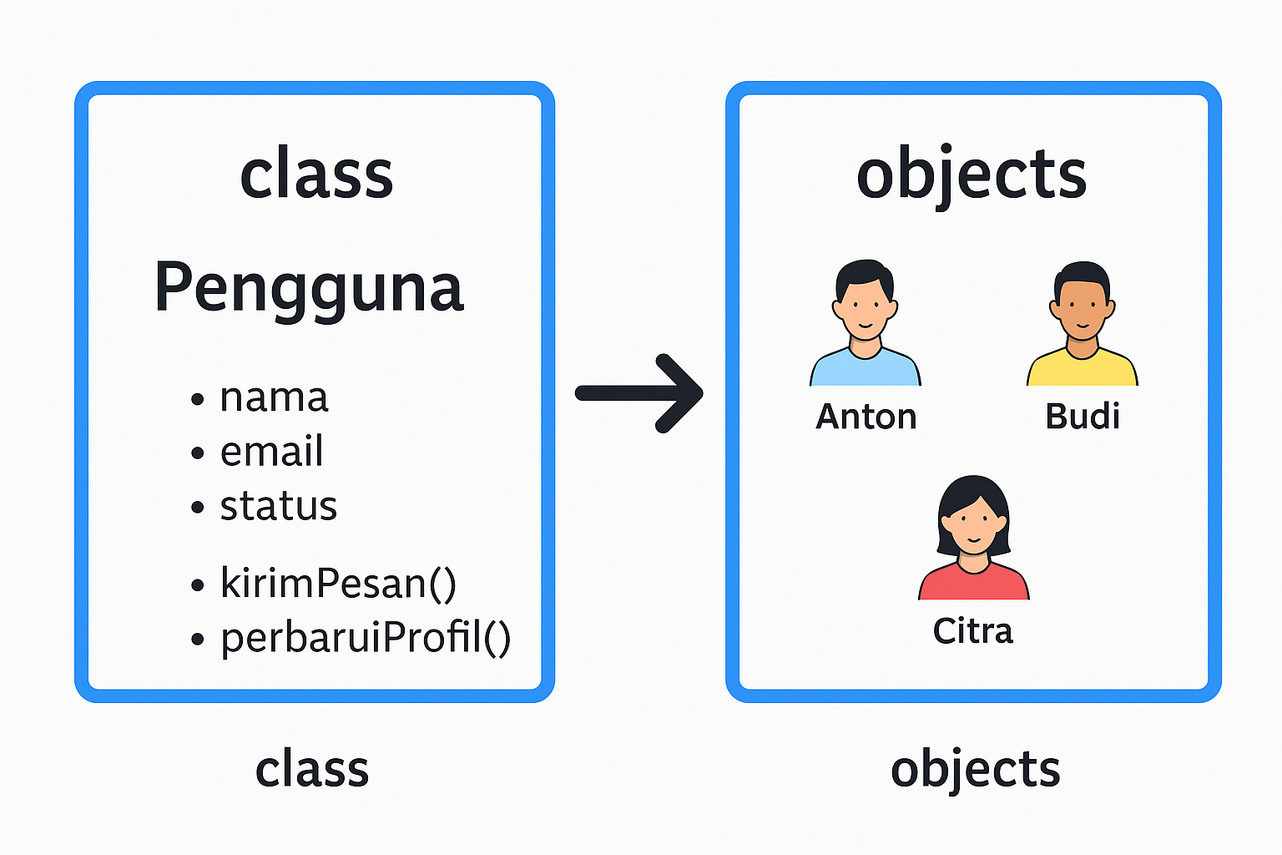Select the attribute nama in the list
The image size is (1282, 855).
pyautogui.click(x=274, y=397)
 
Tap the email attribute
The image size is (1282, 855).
pyautogui.click(x=271, y=452)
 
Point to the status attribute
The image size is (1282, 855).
pyautogui.click(x=278, y=506)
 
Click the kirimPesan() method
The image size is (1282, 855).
pyautogui.click(x=338, y=583)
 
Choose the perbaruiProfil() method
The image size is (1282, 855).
pyautogui.click(x=366, y=638)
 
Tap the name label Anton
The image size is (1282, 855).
pyautogui.click(x=866, y=416)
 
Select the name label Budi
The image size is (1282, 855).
pyautogui.click(x=1083, y=416)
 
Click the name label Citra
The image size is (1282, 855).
pyautogui.click(x=973, y=630)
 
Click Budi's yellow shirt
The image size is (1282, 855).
pyautogui.click(x=1082, y=369)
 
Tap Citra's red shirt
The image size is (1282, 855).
pyautogui.click(x=973, y=584)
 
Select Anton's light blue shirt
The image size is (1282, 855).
pyautogui.click(x=865, y=369)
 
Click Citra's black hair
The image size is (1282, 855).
pyautogui.click(x=972, y=493)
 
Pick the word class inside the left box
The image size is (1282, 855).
pyautogui.click(x=316, y=175)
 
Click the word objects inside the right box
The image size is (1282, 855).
pyautogui.click(x=972, y=175)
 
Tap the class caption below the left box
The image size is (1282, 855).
pyautogui.click(x=312, y=769)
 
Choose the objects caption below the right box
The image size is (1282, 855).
pyautogui.click(x=975, y=769)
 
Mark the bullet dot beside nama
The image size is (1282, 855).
pyautogui.click(x=198, y=399)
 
